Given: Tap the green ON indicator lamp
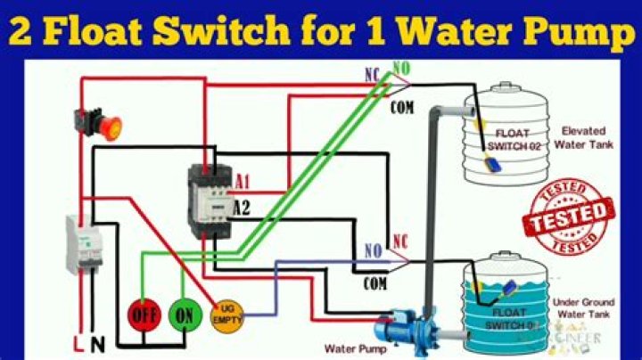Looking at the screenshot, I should pyautogui.click(x=183, y=315).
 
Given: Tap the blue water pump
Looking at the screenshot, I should pyautogui.click(x=399, y=322).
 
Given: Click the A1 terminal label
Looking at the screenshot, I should pyautogui.click(x=242, y=183).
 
